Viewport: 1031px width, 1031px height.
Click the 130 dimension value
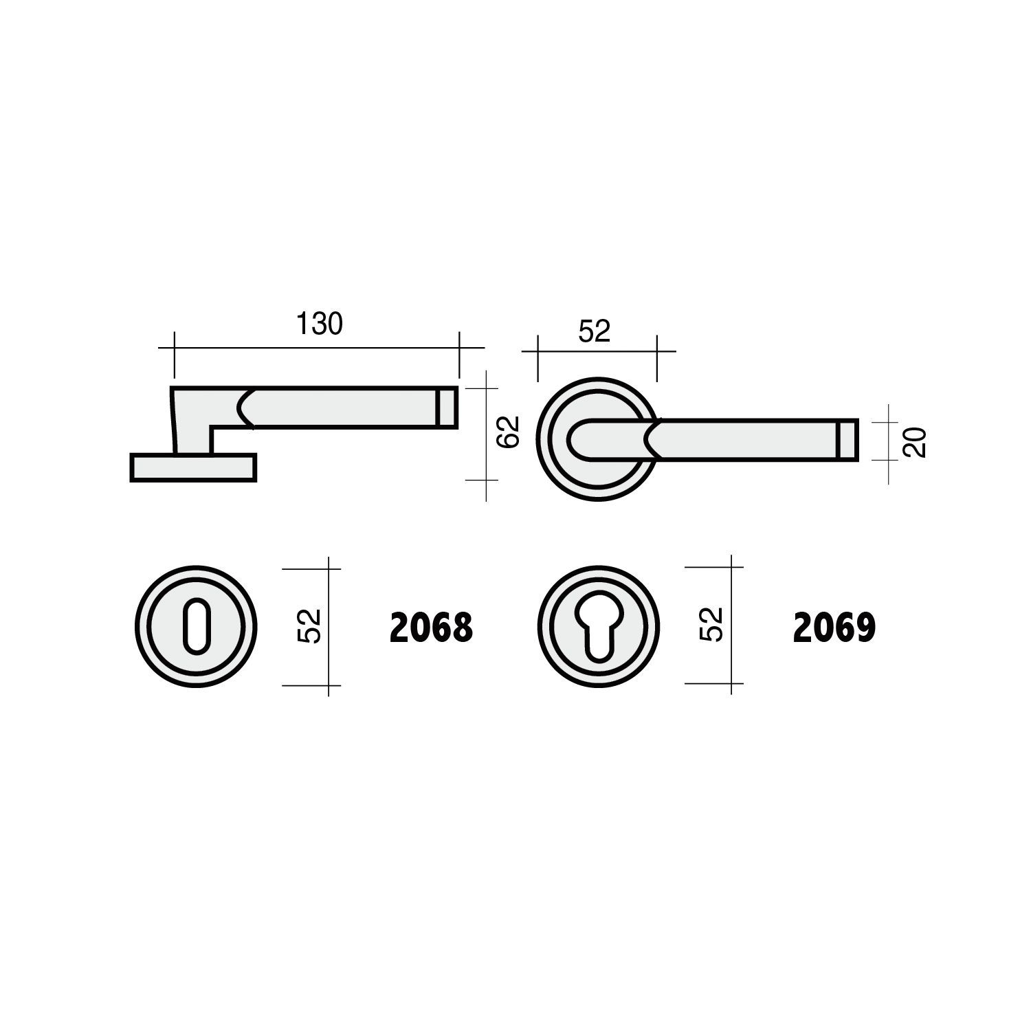(x=319, y=324)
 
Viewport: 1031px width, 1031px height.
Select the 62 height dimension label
(x=509, y=432)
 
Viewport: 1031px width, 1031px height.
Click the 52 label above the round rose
(x=595, y=331)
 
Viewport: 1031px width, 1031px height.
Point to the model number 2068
(x=432, y=628)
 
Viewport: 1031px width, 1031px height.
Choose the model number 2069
(x=834, y=628)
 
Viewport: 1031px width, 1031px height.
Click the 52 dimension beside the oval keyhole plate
(x=311, y=626)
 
